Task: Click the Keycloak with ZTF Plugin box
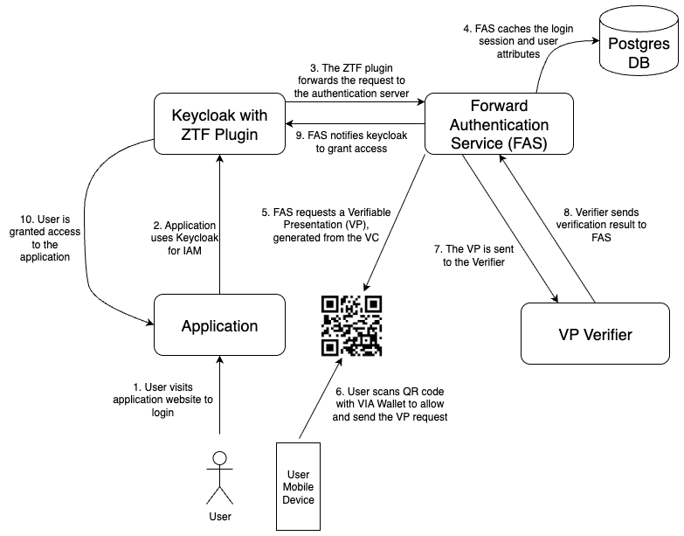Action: (219, 127)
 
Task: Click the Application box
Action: (219, 326)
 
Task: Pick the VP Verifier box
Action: (595, 334)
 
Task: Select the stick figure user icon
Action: (220, 475)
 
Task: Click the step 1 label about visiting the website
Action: (163, 399)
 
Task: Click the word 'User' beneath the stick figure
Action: (220, 517)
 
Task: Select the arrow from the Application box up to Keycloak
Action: (219, 227)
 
